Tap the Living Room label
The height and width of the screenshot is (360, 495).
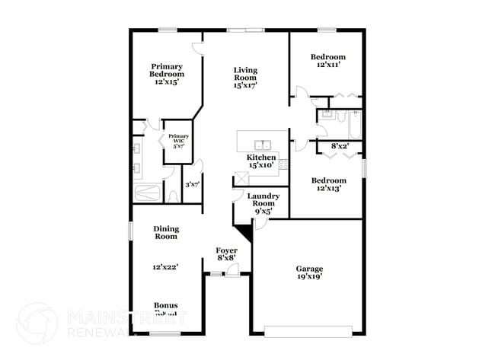[245, 78]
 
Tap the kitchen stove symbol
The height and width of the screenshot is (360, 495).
[283, 164]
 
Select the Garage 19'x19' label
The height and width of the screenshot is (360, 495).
[309, 272]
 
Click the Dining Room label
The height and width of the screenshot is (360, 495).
[165, 232]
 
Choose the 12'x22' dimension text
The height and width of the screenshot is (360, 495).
[165, 267]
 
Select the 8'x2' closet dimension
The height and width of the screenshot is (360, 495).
[339, 145]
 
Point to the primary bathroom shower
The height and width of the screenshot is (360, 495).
[148, 192]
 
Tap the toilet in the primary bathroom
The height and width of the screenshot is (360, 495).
[173, 196]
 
